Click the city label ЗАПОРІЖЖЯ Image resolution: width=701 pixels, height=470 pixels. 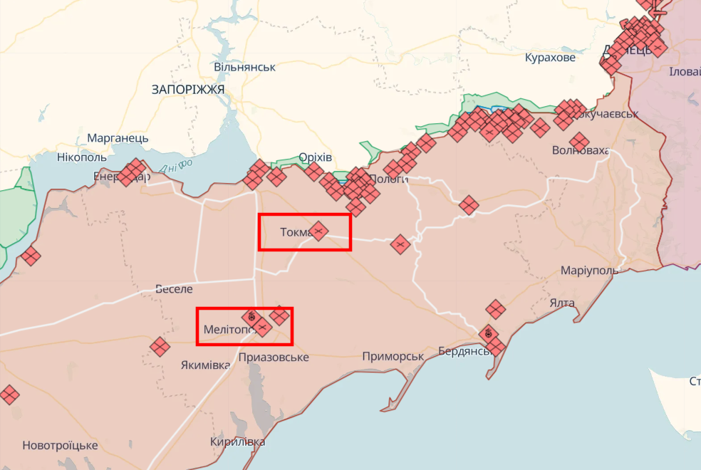pyautogui.click(x=188, y=90)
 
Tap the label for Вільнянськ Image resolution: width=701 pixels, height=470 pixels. pyautogui.click(x=244, y=67)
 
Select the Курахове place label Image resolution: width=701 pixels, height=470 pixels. pyautogui.click(x=549, y=58)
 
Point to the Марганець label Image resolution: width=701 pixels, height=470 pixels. pyautogui.click(x=118, y=137)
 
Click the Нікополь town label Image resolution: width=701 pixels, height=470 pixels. pyautogui.click(x=81, y=157)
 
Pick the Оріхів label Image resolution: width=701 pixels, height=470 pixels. pyautogui.click(x=316, y=157)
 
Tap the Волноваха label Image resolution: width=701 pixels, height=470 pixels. pyautogui.click(x=581, y=151)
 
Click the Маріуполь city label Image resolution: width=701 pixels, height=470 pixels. pyautogui.click(x=589, y=271)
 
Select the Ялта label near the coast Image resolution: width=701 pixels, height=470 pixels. pyautogui.click(x=562, y=303)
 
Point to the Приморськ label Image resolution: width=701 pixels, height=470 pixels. pyautogui.click(x=393, y=356)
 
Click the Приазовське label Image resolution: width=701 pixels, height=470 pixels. pyautogui.click(x=274, y=357)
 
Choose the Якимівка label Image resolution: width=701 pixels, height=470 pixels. pyautogui.click(x=205, y=365)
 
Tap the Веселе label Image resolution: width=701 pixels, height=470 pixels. pyautogui.click(x=174, y=289)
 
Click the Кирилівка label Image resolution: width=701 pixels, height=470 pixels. pyautogui.click(x=237, y=442)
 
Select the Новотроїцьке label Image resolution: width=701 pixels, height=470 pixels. pyautogui.click(x=60, y=446)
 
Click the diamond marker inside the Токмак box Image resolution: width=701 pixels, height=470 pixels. pyautogui.click(x=318, y=231)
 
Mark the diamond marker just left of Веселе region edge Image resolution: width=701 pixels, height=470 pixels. pyautogui.click(x=31, y=256)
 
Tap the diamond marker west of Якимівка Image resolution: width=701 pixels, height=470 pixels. pyautogui.click(x=160, y=347)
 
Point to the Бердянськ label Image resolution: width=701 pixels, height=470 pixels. pyautogui.click(x=465, y=351)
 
